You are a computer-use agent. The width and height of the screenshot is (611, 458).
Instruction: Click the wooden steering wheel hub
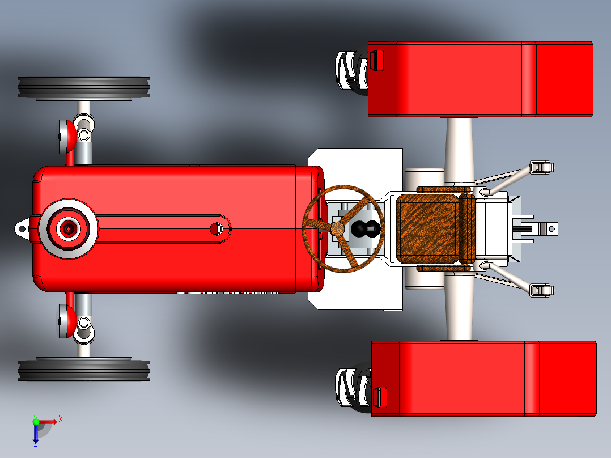point(337,228)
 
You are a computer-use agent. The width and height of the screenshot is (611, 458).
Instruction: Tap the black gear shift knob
point(366,229)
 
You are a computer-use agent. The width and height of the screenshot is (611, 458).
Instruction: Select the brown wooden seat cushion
point(427,229)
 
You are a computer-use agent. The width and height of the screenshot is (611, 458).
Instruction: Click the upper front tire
point(84,87)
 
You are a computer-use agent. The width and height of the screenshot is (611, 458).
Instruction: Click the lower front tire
point(84,370)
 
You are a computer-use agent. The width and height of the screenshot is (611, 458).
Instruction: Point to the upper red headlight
point(67,137)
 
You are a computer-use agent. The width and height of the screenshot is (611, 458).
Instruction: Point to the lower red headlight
point(67,321)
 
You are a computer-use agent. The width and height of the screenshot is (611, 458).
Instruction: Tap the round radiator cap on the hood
point(68,228)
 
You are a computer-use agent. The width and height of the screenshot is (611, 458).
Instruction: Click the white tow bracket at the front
point(22,229)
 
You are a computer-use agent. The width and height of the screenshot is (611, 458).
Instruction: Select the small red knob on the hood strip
point(216,229)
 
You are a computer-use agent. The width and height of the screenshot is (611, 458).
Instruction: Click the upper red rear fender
point(481,79)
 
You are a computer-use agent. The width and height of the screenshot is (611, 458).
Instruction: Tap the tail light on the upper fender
point(376,61)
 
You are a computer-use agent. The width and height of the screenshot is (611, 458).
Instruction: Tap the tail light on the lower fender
point(380,397)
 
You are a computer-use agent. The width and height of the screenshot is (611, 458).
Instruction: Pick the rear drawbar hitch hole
point(552,229)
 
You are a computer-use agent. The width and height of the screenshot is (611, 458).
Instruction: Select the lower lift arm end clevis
point(542,290)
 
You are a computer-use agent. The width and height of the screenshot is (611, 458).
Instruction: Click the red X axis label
point(61,419)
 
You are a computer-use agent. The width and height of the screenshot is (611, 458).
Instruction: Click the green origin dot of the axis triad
point(36,422)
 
